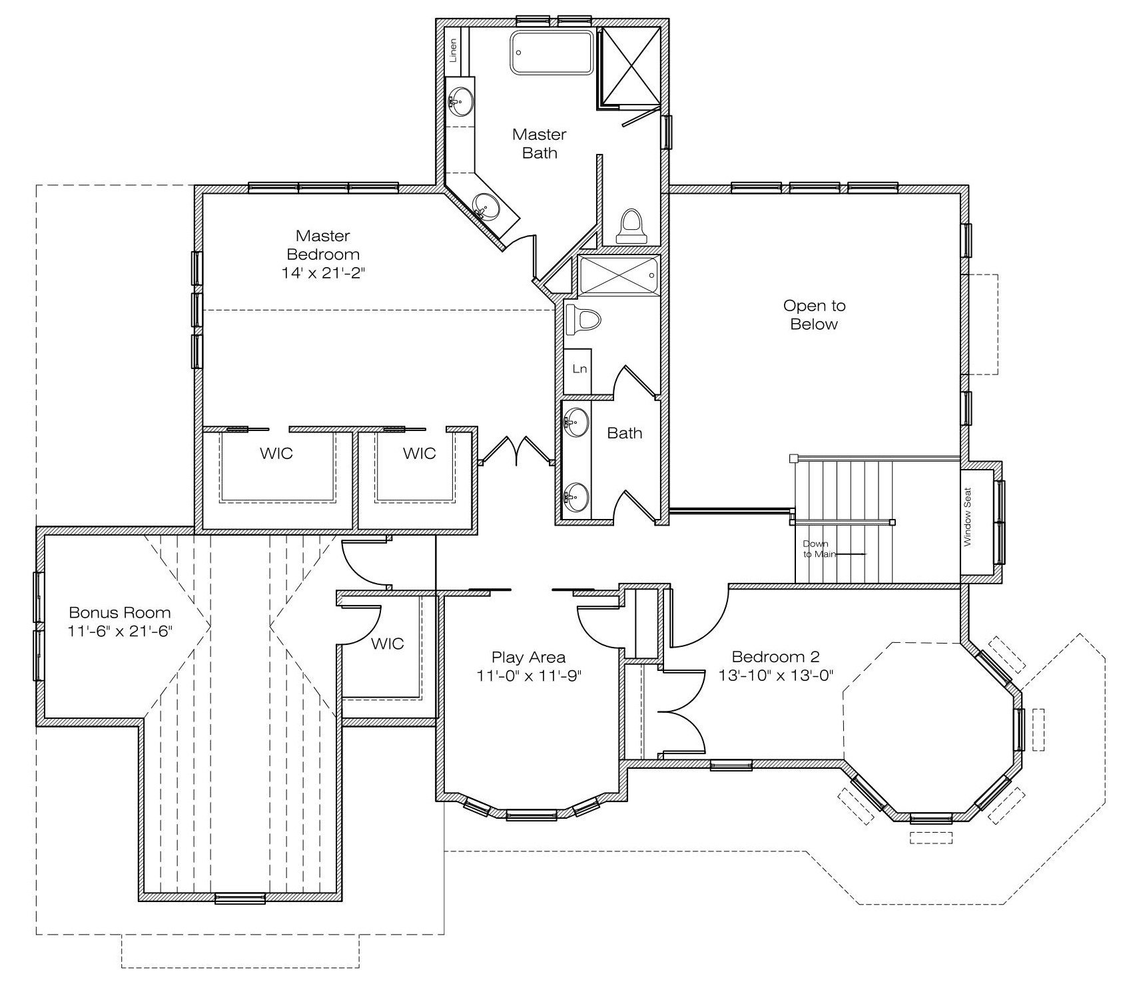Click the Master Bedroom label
[x=323, y=245]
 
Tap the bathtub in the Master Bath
[x=552, y=52]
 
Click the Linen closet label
[x=453, y=51]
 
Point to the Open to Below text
[x=814, y=314]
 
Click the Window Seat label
[x=968, y=517]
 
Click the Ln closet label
[x=579, y=368]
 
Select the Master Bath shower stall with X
[x=629, y=67]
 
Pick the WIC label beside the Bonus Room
[x=387, y=644]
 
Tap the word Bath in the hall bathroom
[x=625, y=433]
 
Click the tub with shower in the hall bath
[x=618, y=274]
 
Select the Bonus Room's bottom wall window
[x=240, y=899]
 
